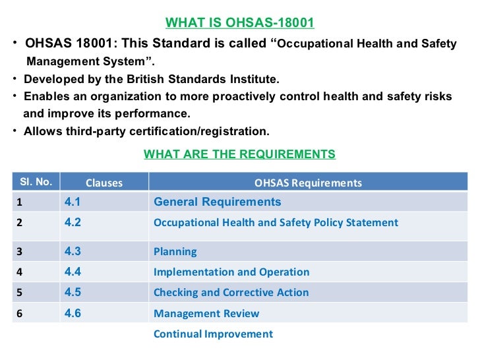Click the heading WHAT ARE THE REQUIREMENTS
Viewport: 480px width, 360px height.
point(239,154)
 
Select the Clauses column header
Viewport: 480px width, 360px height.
point(104,183)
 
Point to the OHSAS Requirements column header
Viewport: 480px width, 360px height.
point(308,183)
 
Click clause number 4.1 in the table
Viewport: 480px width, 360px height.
point(73,202)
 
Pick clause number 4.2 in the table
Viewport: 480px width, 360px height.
point(73,222)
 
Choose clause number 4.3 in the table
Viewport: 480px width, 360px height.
point(73,251)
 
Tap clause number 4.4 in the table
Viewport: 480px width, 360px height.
point(73,272)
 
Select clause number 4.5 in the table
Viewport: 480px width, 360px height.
point(73,292)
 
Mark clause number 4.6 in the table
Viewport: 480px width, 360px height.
point(73,313)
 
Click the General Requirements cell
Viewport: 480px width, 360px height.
point(217,202)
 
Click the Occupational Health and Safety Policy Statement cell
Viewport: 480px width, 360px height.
point(276,223)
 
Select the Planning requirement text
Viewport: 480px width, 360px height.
point(175,252)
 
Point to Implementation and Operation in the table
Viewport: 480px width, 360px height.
point(231,272)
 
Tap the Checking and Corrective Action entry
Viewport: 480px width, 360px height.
point(231,293)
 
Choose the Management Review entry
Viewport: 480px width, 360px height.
point(206,314)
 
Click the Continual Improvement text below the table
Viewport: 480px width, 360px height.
point(213,334)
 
